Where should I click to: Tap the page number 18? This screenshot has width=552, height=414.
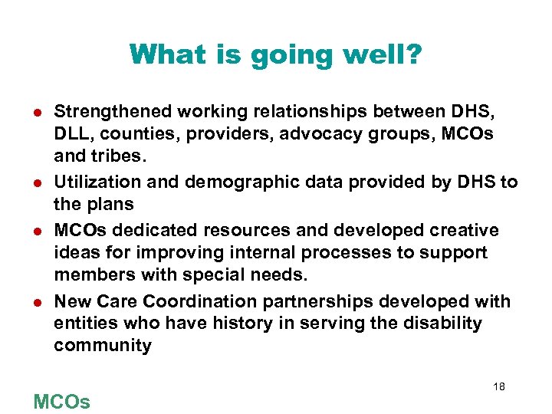click(498, 387)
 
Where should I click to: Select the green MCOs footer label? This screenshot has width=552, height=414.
click(61, 401)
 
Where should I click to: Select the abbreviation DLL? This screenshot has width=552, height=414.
click(71, 135)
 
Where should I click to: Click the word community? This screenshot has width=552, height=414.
click(103, 347)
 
